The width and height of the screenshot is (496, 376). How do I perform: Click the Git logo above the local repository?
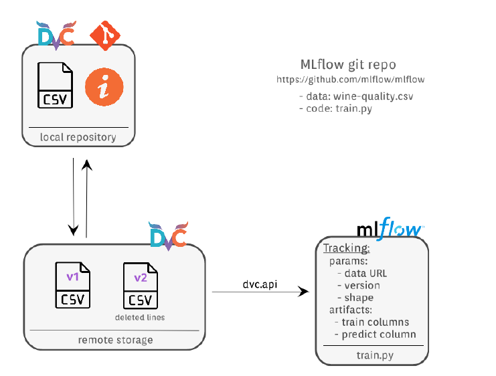point(105,36)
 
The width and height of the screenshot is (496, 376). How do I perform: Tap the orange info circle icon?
point(104,89)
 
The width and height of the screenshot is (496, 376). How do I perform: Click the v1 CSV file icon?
point(72,285)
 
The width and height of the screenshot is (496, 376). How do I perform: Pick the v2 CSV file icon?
point(140,285)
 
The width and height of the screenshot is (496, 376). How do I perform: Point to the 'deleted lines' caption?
point(140,317)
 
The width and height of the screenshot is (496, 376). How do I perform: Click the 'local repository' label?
point(78,137)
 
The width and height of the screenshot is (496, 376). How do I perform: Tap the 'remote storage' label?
point(115,340)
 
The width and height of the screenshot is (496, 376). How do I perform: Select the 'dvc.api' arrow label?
point(260,284)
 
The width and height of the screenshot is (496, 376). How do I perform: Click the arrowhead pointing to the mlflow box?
point(305,292)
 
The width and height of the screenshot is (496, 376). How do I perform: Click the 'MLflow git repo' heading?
point(347,65)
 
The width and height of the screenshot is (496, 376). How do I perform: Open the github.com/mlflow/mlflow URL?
point(351,80)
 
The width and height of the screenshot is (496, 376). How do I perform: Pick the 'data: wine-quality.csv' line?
point(356,96)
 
